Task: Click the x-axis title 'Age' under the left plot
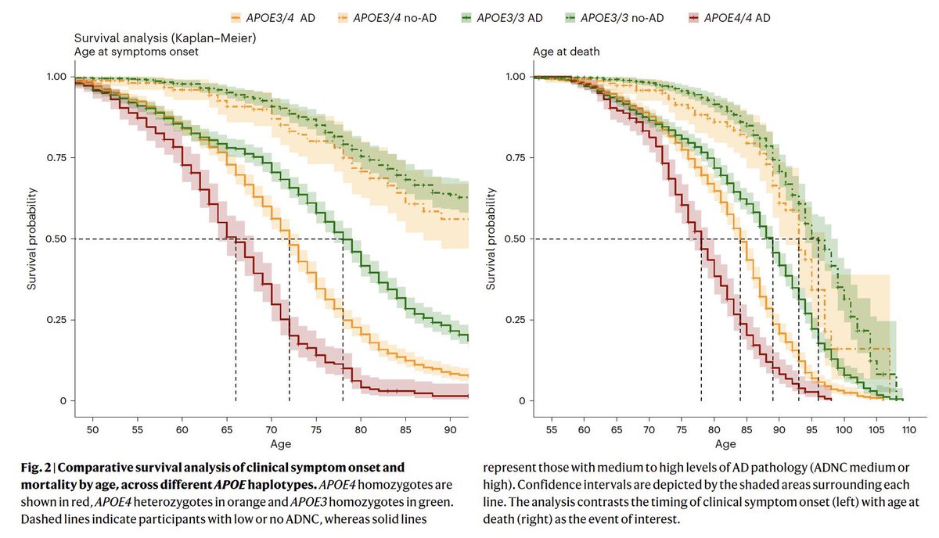269,445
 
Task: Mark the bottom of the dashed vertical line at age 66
236,400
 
